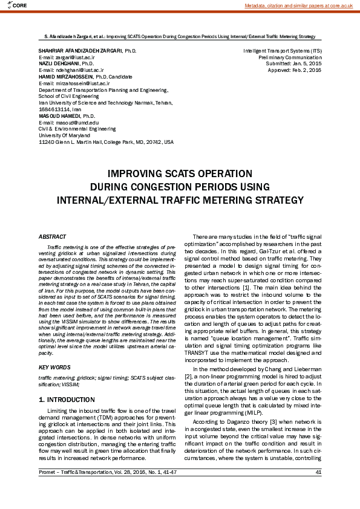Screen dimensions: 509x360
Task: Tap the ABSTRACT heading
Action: [52, 236]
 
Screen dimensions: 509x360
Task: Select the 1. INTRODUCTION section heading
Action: [67, 400]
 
